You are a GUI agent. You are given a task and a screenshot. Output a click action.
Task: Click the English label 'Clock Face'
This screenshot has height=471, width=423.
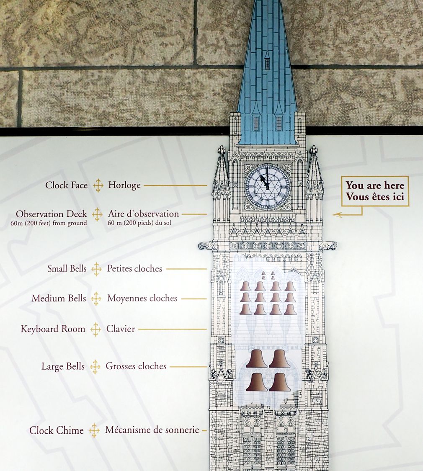(67, 185)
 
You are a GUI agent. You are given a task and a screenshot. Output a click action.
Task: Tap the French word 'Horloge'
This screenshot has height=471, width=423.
(124, 185)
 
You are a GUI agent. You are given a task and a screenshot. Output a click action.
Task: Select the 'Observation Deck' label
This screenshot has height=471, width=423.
(52, 214)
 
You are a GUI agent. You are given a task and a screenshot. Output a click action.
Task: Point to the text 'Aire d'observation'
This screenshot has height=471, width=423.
(143, 214)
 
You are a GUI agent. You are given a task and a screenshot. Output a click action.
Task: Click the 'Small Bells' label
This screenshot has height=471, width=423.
(67, 269)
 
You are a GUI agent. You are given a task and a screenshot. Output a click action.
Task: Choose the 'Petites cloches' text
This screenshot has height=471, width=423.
(134, 269)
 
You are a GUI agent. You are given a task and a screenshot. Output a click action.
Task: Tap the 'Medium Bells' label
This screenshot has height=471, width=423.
(59, 299)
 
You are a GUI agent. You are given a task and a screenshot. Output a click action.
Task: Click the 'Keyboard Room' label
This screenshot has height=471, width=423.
(53, 329)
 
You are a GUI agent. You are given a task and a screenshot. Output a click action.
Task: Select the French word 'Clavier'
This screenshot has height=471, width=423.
(121, 329)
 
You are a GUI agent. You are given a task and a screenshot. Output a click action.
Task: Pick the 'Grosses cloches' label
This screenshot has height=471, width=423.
(136, 366)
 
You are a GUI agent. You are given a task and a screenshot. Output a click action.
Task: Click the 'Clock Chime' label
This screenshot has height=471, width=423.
(57, 430)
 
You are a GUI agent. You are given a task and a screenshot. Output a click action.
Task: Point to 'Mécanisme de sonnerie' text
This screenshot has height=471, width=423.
(152, 430)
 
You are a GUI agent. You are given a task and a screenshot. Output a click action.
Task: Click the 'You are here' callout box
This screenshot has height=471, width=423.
(375, 191)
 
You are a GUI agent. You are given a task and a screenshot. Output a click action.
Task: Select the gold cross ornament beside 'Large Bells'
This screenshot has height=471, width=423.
(95, 367)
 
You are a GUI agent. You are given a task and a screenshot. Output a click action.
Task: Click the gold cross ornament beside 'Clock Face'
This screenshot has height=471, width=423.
(98, 185)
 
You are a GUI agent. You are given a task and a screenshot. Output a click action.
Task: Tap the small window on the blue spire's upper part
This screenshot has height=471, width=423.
(267, 63)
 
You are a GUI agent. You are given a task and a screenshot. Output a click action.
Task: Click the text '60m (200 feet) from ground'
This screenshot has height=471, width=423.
(49, 223)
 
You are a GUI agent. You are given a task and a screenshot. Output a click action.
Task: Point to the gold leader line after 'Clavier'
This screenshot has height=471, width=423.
(172, 329)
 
